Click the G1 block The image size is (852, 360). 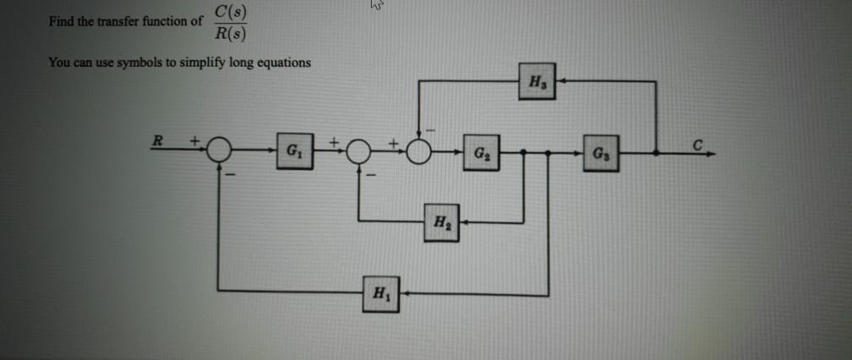click(292, 155)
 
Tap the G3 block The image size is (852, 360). click(599, 155)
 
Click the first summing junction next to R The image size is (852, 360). click(221, 151)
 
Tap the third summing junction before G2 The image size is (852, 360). click(420, 152)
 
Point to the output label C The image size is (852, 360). click(696, 143)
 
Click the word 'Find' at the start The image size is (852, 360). click(61, 22)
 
